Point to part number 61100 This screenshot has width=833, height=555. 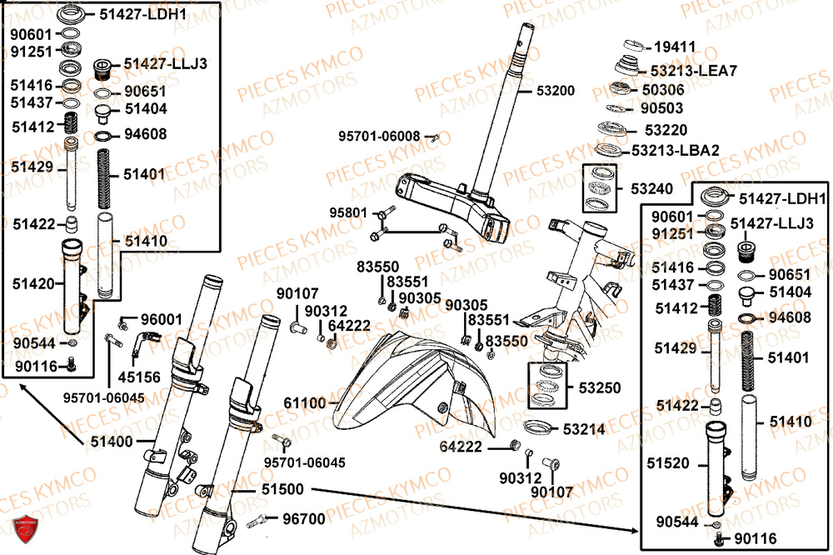click(304, 403)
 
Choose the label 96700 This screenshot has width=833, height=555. click(304, 518)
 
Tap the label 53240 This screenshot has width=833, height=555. click(652, 189)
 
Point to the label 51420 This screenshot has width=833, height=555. click(32, 282)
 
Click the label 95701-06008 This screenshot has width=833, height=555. click(379, 136)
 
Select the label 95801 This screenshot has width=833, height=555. click(347, 212)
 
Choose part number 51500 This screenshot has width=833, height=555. click(284, 489)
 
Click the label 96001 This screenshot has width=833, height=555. click(161, 319)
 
